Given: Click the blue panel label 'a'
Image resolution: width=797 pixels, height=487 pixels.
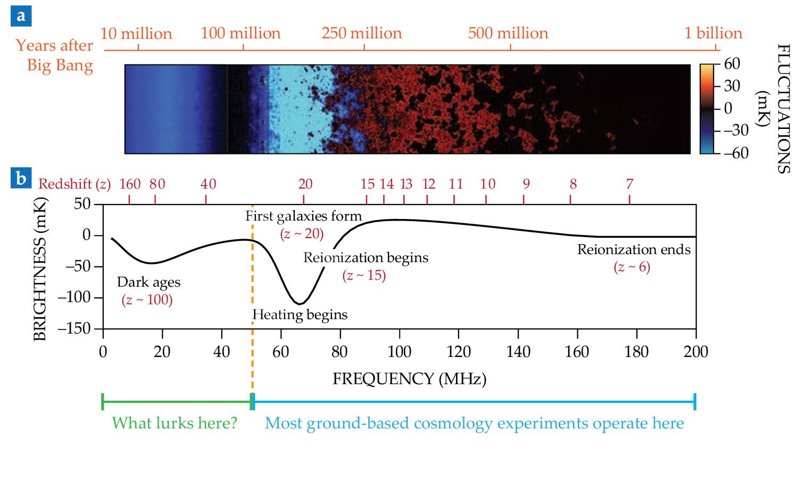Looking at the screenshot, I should pyautogui.click(x=21, y=16).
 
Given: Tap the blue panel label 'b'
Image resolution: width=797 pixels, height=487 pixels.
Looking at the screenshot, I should pyautogui.click(x=21, y=178).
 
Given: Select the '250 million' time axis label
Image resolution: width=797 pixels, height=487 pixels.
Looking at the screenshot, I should pyautogui.click(x=361, y=33).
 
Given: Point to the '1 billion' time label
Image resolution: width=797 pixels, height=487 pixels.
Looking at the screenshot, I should pyautogui.click(x=713, y=33).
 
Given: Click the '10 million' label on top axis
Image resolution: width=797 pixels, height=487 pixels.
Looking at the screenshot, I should pyautogui.click(x=136, y=34).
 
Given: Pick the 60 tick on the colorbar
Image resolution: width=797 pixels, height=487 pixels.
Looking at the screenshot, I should pyautogui.click(x=732, y=64).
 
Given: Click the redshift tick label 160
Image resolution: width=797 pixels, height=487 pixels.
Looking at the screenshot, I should pyautogui.click(x=130, y=184).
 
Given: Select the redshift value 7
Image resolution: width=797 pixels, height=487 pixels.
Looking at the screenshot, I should pyautogui.click(x=629, y=184).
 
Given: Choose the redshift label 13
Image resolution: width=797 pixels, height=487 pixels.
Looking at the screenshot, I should pyautogui.click(x=406, y=184).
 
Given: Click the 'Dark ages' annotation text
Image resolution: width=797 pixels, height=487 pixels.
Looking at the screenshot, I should pyautogui.click(x=148, y=282).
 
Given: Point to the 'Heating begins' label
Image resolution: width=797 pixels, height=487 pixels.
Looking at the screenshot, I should pyautogui.click(x=300, y=315).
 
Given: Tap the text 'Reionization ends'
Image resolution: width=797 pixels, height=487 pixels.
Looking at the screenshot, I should pyautogui.click(x=634, y=250).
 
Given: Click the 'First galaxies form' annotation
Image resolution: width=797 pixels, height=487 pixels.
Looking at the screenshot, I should pyautogui.click(x=303, y=216).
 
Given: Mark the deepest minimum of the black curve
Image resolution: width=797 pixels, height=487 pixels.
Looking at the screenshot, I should pyautogui.click(x=300, y=304).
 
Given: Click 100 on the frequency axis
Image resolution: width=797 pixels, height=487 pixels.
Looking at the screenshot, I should pyautogui.click(x=399, y=352).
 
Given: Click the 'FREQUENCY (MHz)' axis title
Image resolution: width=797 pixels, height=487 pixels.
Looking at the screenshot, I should pyautogui.click(x=409, y=379).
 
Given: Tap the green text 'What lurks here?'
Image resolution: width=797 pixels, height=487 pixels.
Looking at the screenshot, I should pyautogui.click(x=175, y=423).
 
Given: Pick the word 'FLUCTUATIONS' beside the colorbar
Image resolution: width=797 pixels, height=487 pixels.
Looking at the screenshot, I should pyautogui.click(x=783, y=109).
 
